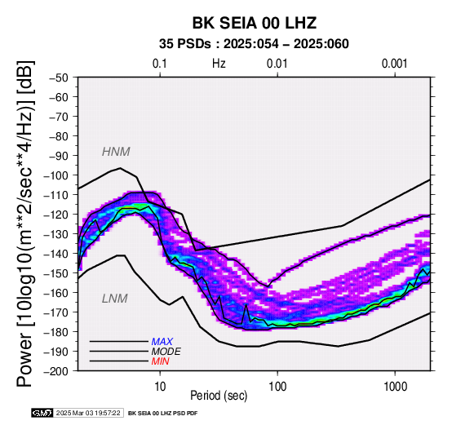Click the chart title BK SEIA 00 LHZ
(x=255, y=23)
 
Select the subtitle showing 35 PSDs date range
(x=254, y=44)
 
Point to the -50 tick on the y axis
(x=59, y=77)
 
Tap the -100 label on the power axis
(x=56, y=175)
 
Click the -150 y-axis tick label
(x=56, y=273)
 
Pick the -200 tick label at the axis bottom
(x=56, y=371)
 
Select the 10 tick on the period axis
(x=160, y=387)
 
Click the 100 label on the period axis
(x=277, y=387)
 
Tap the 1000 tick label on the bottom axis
(x=395, y=387)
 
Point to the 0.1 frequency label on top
(x=160, y=64)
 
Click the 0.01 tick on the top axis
(x=277, y=64)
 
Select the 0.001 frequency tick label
(x=395, y=64)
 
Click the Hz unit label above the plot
(x=219, y=64)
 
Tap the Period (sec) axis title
(x=219, y=396)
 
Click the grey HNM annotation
(x=116, y=152)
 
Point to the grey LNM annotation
(x=115, y=299)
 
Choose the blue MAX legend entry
(x=162, y=342)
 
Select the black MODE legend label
(x=166, y=352)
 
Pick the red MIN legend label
(x=160, y=361)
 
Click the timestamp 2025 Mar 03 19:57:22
(x=88, y=414)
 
